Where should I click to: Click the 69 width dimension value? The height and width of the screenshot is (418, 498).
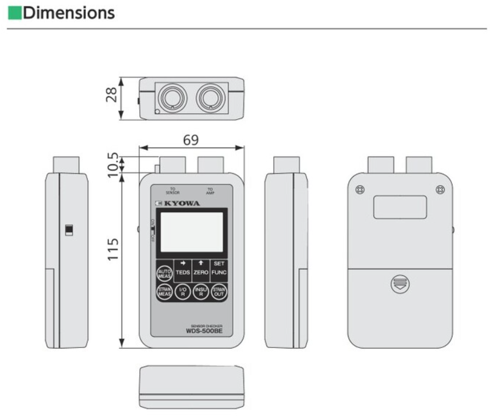(190, 140)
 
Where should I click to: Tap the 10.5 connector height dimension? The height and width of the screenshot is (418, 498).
(113, 163)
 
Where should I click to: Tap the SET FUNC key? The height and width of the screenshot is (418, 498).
(219, 268)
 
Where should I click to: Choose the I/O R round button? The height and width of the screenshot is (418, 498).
(183, 292)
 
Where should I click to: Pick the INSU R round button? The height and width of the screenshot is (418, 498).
(201, 292)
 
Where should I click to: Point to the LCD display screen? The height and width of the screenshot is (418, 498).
(191, 231)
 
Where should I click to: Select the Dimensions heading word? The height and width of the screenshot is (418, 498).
(69, 13)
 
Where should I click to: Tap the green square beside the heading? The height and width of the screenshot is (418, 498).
(13, 13)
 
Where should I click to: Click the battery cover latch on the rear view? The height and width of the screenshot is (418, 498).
(400, 284)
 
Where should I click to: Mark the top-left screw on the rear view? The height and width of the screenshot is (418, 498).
(360, 190)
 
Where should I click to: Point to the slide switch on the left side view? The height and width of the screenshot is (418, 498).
(69, 230)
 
